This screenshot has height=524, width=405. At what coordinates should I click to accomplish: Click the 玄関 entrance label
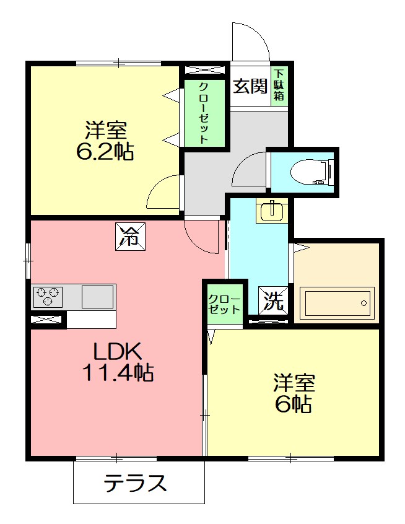[250, 87]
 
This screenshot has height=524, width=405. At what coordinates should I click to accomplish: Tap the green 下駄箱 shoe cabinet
[279, 87]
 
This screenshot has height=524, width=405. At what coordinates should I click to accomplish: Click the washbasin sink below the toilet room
[271, 211]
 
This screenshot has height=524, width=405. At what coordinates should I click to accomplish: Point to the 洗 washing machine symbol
[272, 301]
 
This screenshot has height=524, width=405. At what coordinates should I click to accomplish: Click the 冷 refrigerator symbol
[130, 236]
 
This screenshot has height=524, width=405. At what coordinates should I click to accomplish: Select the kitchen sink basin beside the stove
[97, 296]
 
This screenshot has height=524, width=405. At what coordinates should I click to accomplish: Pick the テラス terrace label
[136, 483]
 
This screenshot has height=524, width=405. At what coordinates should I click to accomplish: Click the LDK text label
[118, 352]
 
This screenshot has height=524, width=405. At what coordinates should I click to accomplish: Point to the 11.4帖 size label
[118, 373]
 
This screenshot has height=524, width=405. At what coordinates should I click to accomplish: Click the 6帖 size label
[293, 404]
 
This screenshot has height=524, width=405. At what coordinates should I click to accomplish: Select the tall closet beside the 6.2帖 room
[204, 113]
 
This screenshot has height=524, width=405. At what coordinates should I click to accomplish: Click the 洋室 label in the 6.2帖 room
[106, 131]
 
